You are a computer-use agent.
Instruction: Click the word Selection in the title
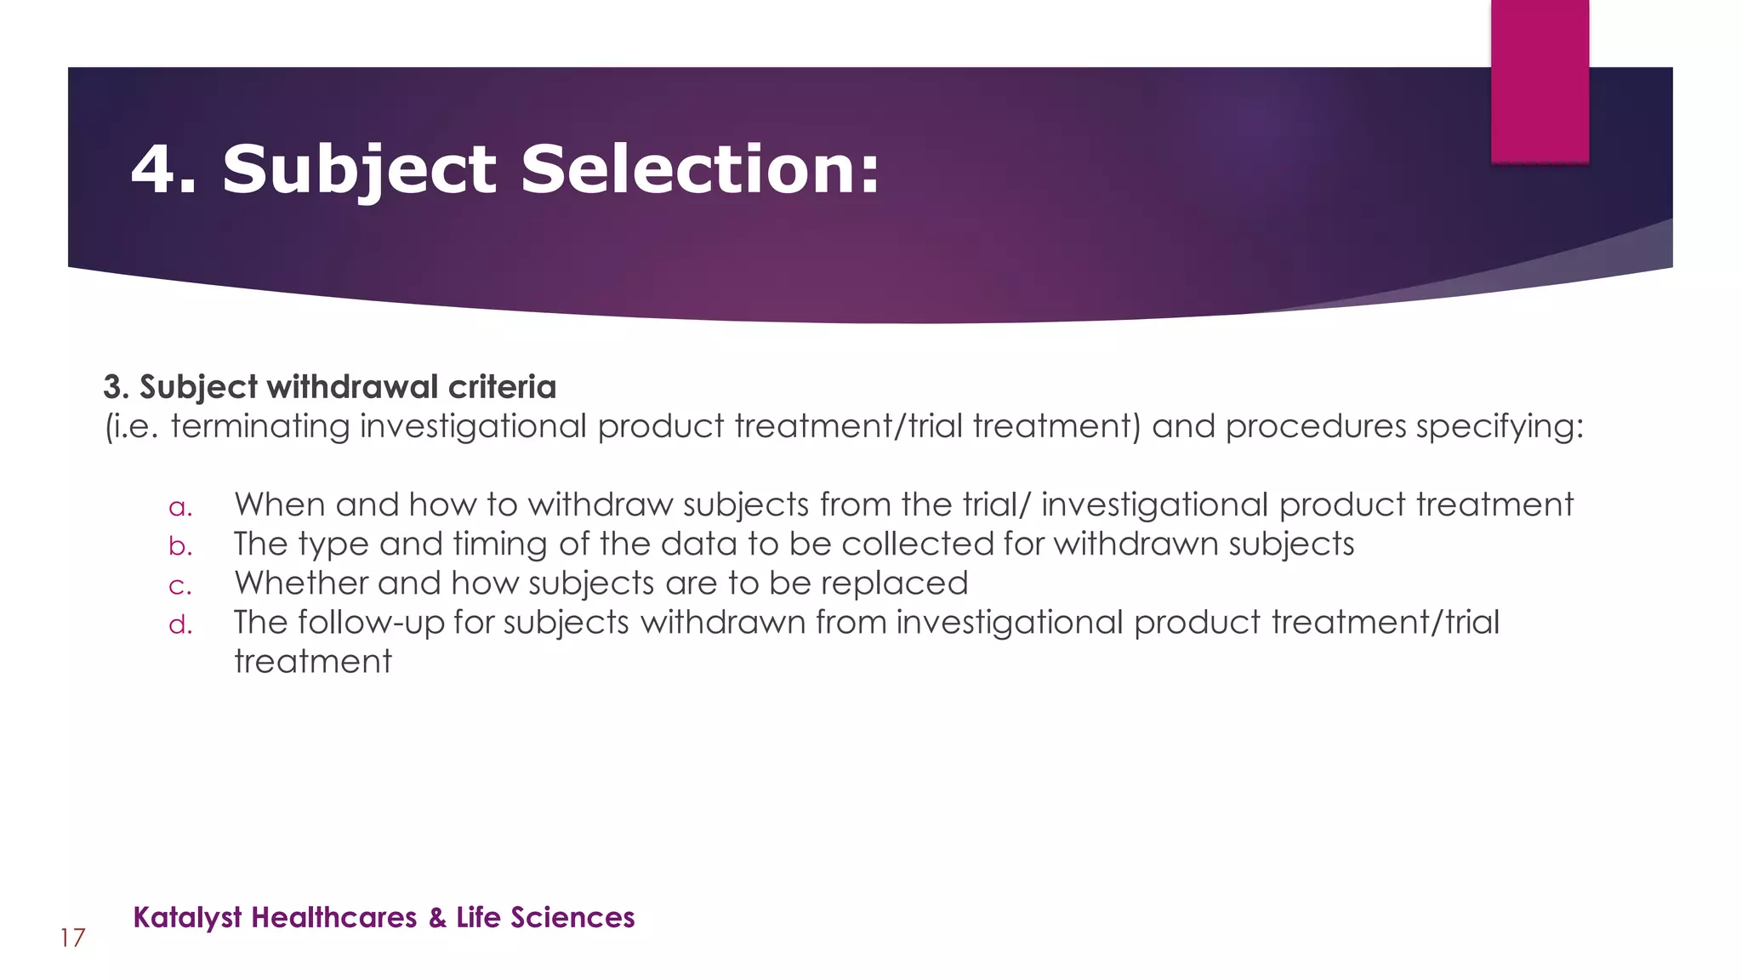click(x=699, y=168)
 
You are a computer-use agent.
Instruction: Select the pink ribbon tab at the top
click(x=1540, y=81)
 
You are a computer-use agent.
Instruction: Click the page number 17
click(x=72, y=938)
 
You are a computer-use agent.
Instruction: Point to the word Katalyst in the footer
click(x=187, y=918)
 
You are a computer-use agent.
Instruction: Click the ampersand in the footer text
click(x=437, y=918)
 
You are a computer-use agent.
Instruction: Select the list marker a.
click(x=180, y=508)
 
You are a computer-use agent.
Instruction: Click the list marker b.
click(x=180, y=545)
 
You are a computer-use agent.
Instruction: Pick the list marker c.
click(x=180, y=586)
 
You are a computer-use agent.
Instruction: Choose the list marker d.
click(x=180, y=624)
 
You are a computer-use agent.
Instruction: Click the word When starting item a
click(x=280, y=504)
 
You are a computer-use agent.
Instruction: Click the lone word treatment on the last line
click(x=312, y=662)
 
